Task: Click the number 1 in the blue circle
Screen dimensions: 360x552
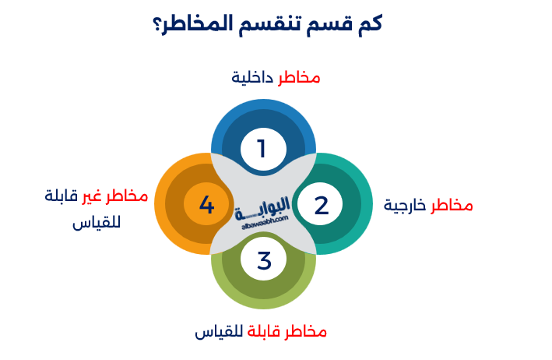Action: coord(262,148)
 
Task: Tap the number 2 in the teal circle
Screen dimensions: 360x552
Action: coord(322,205)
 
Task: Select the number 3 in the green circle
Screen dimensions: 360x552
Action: coord(264,261)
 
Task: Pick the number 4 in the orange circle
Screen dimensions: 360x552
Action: coord(206,205)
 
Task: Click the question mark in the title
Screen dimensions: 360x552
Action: coord(160,23)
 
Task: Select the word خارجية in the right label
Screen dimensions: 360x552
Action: coord(405,205)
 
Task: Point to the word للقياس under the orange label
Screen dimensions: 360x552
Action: coord(96,223)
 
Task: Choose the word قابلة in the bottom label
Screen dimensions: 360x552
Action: coord(265,331)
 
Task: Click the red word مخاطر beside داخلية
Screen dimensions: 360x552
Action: coord(300,77)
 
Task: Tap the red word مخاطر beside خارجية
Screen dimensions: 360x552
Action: coord(452,205)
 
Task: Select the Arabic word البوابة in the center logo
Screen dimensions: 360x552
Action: coord(264,205)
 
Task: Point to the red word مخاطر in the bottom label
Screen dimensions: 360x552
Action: coord(307,331)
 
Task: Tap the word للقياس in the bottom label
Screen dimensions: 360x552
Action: coord(219,331)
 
